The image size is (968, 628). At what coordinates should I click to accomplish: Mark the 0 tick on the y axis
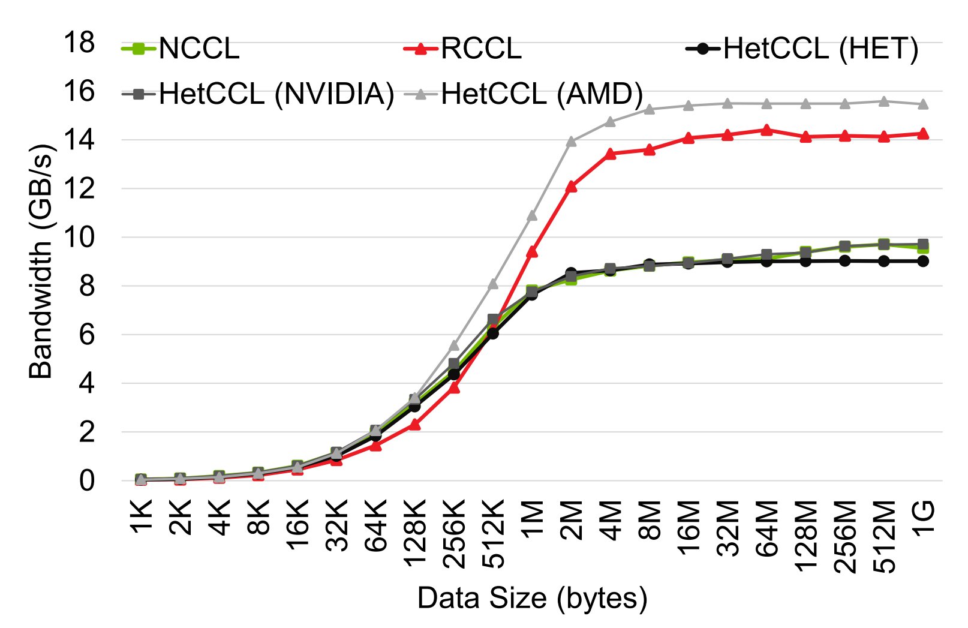[x=88, y=480]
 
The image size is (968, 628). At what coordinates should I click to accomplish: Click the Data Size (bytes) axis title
[x=532, y=598]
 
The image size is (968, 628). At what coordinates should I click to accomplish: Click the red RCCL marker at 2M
[x=571, y=187]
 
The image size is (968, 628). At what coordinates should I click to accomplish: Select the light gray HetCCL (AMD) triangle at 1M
[x=532, y=216]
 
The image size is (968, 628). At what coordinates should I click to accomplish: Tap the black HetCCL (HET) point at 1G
[x=923, y=261]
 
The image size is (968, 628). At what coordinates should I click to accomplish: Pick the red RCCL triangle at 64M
[x=766, y=130]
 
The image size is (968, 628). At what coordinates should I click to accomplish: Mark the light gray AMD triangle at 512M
[x=883, y=101]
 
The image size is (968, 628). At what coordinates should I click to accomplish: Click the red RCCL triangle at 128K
[x=414, y=425]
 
